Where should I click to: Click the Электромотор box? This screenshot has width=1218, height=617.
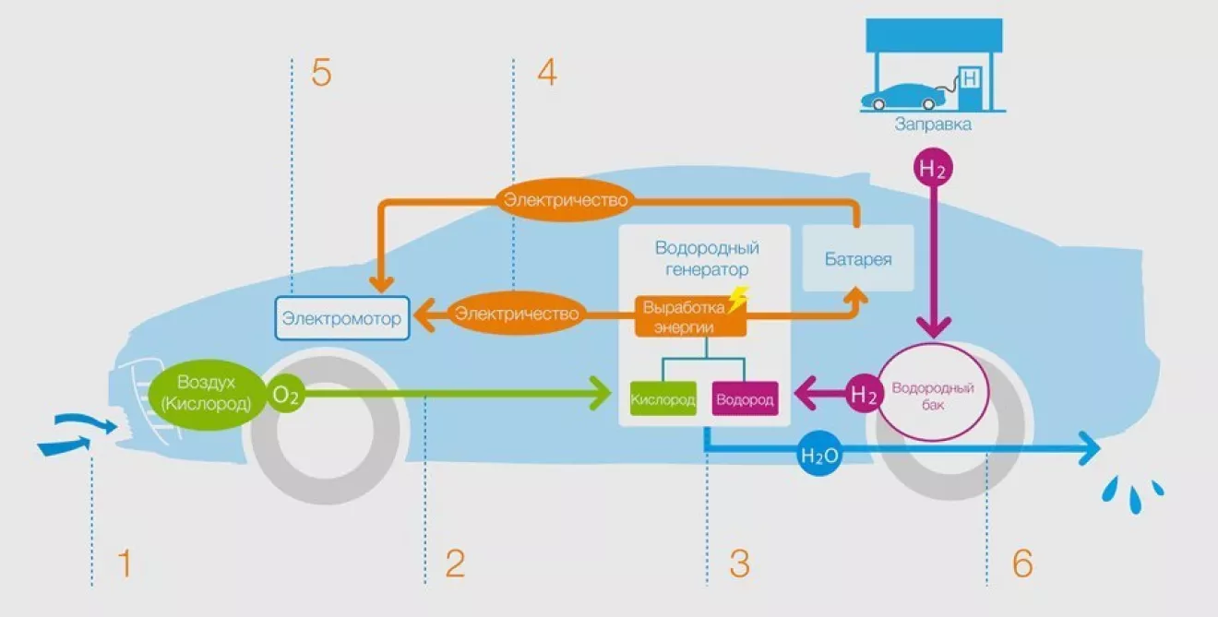(x=342, y=318)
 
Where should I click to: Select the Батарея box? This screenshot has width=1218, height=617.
(x=858, y=258)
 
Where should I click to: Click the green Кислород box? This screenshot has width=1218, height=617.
(x=663, y=399)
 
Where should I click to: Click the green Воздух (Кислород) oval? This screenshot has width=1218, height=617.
(x=204, y=393)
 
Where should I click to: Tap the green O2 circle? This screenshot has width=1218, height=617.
(x=286, y=395)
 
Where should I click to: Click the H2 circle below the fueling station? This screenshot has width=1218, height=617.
(x=932, y=169)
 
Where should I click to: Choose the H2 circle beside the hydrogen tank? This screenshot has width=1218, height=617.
(x=863, y=396)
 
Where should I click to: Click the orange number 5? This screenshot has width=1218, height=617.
(x=321, y=73)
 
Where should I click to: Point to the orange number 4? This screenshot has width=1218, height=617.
(x=547, y=73)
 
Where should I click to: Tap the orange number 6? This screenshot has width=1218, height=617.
(x=1021, y=564)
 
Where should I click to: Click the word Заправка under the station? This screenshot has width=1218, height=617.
(x=932, y=124)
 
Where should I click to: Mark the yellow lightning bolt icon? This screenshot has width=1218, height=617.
(x=736, y=300)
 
